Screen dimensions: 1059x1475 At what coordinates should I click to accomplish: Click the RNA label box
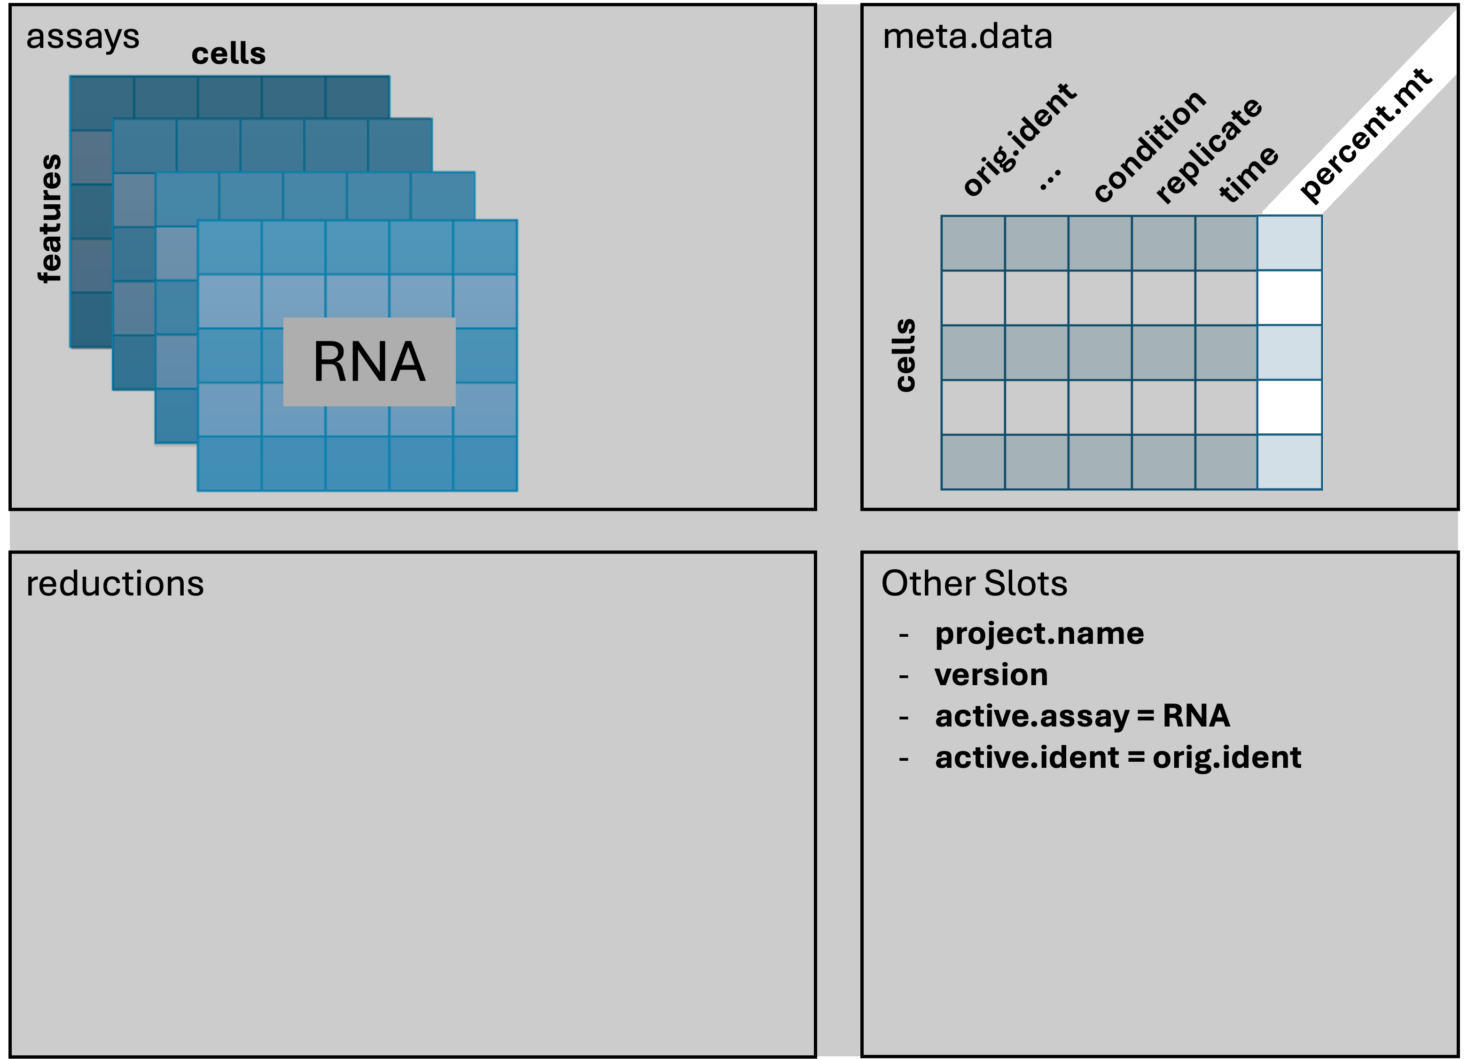[x=369, y=362]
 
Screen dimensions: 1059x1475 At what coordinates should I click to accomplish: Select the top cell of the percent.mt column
[x=1289, y=242]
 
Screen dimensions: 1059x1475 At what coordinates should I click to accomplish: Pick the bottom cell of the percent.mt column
[x=1289, y=462]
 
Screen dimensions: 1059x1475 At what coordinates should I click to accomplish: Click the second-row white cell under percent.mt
[x=1289, y=297]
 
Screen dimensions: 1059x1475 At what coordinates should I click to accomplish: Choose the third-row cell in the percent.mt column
[x=1289, y=352]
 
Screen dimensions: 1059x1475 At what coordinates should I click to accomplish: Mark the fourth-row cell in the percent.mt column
[x=1289, y=406]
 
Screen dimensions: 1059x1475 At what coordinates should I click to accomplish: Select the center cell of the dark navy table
[x=1100, y=352]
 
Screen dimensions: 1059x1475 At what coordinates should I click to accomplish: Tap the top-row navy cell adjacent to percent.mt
[x=1226, y=242]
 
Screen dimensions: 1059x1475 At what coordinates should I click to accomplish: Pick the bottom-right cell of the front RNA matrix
[x=485, y=464]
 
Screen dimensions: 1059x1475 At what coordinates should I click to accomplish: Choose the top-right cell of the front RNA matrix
[x=485, y=247]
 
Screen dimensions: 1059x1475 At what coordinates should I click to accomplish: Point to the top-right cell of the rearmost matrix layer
[x=357, y=98]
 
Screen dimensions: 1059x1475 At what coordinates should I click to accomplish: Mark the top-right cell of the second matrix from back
[x=400, y=144]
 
